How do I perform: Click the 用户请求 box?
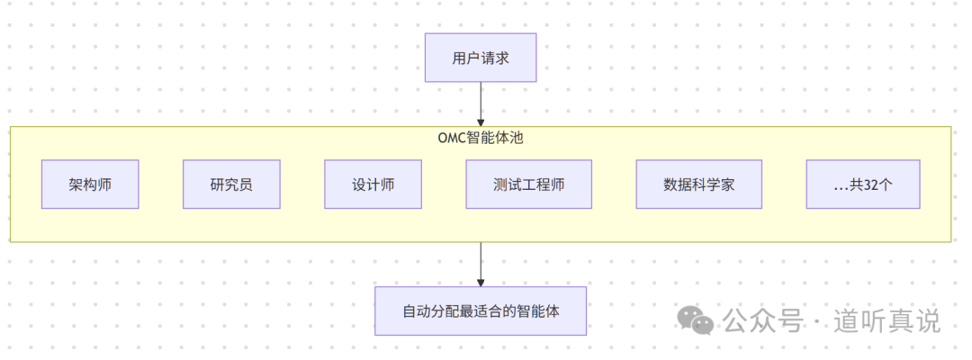[481, 58]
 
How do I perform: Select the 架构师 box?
[90, 184]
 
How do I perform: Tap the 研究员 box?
[231, 184]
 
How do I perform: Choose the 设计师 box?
[373, 184]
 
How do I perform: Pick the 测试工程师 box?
[528, 184]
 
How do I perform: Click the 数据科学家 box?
[698, 184]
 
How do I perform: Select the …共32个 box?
[862, 184]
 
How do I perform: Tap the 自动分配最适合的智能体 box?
[481, 311]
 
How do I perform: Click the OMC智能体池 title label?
[481, 138]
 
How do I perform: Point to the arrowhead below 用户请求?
[481, 121]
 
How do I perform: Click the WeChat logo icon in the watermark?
[696, 319]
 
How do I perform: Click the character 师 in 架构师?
[104, 184]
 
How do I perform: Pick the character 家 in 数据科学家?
[727, 184]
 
